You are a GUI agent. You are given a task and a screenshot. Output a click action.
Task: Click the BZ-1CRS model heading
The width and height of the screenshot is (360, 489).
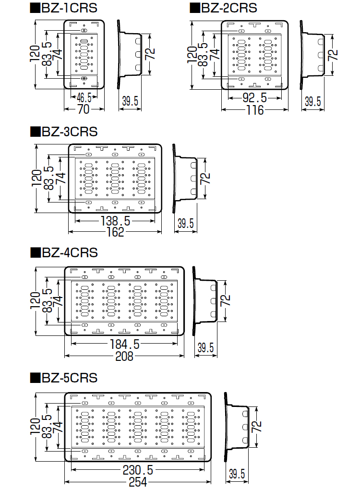click(69, 8)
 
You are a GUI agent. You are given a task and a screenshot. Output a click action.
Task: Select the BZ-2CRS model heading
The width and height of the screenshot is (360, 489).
click(229, 8)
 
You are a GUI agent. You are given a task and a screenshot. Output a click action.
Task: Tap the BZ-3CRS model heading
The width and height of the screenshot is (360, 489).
click(70, 131)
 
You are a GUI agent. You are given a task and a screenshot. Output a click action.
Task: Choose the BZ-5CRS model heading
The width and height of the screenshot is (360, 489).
click(70, 378)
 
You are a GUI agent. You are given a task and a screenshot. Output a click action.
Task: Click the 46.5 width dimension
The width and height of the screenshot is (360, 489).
click(84, 98)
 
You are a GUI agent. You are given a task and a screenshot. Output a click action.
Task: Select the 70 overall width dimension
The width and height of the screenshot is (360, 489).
click(84, 109)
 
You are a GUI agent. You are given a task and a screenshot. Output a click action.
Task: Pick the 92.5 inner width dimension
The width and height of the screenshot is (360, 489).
click(255, 98)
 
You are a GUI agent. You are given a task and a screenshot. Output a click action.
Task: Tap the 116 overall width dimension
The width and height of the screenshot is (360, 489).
click(255, 110)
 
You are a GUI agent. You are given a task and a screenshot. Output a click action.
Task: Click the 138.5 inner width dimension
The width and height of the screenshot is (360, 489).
click(115, 221)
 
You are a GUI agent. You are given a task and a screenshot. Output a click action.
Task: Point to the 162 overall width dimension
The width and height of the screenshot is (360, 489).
click(115, 232)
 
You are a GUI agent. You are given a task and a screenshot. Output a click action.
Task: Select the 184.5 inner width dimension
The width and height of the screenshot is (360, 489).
click(124, 344)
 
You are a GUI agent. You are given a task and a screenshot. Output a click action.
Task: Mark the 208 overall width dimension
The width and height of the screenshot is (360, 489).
click(124, 356)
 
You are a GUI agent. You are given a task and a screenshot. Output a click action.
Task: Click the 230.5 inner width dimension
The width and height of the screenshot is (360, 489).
click(138, 470)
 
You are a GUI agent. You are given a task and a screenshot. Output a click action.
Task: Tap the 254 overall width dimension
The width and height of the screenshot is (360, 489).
click(138, 482)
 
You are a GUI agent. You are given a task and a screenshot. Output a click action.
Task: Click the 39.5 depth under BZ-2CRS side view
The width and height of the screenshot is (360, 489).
click(313, 101)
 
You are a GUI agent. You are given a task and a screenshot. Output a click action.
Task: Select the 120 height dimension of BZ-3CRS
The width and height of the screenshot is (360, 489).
click(36, 178)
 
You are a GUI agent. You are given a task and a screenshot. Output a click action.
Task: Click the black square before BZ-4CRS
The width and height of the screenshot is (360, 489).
click(35, 252)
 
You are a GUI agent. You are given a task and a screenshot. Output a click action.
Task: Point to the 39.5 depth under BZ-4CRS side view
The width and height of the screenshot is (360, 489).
click(205, 347)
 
